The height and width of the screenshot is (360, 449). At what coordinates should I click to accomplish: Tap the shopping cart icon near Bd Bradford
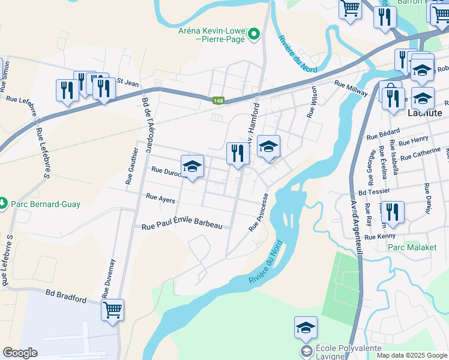[112, 310]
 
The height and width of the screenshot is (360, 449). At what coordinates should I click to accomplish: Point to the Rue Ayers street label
[160, 197]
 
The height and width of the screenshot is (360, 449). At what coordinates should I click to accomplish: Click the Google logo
[20, 353]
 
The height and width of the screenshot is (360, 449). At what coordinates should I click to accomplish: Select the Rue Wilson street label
[311, 102]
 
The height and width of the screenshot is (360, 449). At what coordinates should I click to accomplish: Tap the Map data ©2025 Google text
[411, 355]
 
